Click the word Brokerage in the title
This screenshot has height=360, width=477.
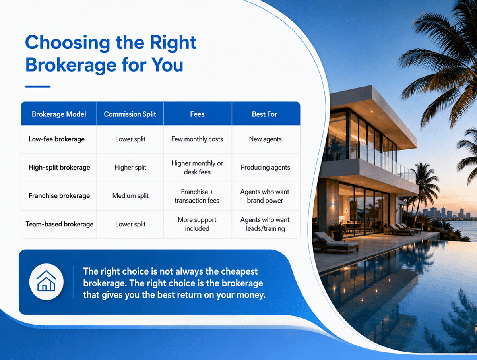[71, 65]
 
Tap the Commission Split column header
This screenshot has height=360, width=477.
[130, 114]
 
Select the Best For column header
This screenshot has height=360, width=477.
[264, 114]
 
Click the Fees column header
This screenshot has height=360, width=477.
[197, 114]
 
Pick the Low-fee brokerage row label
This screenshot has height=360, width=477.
[57, 139]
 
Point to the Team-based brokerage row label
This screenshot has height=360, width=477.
[60, 224]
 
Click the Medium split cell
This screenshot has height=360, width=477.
[130, 196]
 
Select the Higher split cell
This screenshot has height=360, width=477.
[130, 167]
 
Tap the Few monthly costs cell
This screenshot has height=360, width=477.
[197, 139]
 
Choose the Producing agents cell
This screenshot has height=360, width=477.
[266, 167]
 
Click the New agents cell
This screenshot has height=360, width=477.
[266, 139]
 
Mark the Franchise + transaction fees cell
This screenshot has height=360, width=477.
[197, 196]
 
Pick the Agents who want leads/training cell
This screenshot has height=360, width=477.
[265, 224]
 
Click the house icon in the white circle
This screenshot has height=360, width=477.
[46, 281]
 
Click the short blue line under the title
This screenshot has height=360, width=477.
[38, 87]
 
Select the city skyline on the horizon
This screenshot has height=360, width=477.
[448, 213]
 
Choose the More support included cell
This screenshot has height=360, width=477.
[197, 224]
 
